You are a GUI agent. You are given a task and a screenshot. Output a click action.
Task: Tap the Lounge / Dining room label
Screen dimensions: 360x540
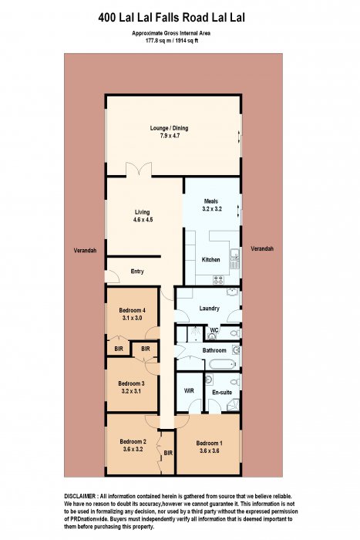169,128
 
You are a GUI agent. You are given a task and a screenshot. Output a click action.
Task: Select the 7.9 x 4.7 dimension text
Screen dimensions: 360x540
170,136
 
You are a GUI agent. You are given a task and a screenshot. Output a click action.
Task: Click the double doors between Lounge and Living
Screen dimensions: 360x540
139,170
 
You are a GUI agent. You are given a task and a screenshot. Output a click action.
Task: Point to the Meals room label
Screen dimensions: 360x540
211,201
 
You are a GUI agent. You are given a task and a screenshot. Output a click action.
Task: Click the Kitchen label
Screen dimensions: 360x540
210,260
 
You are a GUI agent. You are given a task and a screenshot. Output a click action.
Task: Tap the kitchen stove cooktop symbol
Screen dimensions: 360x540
218,280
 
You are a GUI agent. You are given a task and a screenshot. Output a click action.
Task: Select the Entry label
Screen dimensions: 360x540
137,272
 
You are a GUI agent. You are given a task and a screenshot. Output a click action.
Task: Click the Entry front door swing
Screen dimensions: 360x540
113,276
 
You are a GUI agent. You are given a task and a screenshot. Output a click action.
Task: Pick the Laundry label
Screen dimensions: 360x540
209,309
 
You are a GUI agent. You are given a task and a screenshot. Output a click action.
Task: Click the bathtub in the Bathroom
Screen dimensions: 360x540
222,363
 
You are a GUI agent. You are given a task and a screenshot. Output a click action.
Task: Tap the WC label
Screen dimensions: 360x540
214,330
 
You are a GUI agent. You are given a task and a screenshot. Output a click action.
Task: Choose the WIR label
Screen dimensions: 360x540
189,390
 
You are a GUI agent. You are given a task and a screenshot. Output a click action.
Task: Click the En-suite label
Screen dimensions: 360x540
222,392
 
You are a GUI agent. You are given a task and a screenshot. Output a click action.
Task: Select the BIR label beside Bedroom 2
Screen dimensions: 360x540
168,454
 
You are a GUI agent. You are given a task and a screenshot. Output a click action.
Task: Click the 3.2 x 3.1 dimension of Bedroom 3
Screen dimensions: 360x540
131,391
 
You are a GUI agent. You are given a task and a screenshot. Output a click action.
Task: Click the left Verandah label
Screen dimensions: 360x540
85,251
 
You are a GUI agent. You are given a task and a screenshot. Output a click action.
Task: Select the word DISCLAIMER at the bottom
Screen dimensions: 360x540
80,496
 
